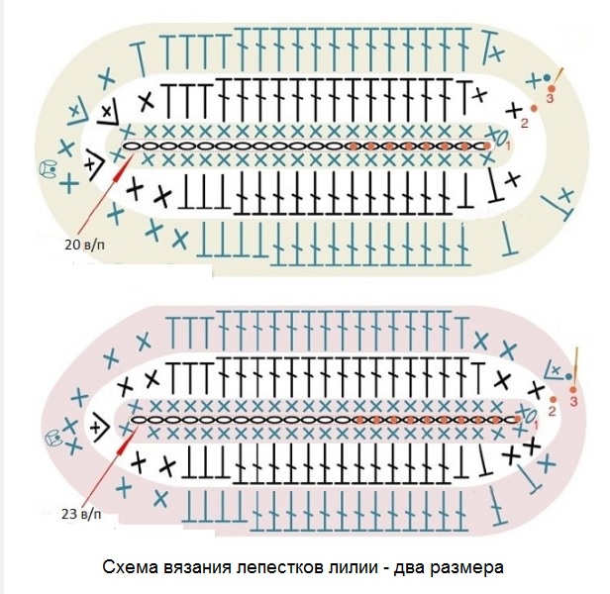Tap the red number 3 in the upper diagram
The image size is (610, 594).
pos(549,98)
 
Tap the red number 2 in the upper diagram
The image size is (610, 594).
pos(524,123)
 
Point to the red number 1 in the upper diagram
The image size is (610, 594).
pos(508,147)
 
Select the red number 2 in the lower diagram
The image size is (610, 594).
pos(552,407)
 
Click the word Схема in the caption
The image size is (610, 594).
pos(127,568)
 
